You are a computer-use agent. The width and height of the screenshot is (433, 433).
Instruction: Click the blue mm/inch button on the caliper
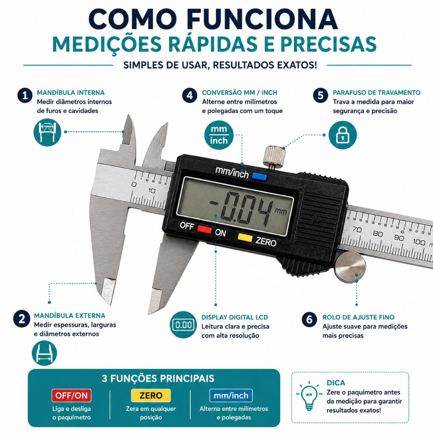click(259, 176)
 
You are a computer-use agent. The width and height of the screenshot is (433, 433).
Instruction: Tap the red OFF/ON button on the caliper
click(204, 229)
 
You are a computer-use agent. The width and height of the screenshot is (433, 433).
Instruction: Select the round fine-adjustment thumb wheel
click(350, 267)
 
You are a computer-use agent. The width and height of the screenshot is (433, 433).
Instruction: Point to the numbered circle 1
click(25, 96)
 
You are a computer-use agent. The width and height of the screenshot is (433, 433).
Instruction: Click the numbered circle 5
click(321, 96)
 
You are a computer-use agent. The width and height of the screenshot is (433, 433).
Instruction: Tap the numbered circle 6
click(309, 320)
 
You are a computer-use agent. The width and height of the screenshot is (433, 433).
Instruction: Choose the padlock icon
click(343, 135)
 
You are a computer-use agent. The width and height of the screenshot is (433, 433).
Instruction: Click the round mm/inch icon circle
click(219, 135)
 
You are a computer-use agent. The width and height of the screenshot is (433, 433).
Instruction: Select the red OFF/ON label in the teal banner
click(71, 395)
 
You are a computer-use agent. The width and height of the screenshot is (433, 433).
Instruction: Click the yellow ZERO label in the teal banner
click(151, 395)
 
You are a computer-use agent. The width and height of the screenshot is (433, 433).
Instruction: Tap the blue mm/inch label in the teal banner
click(231, 395)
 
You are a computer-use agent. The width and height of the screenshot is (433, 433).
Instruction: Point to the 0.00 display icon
click(184, 324)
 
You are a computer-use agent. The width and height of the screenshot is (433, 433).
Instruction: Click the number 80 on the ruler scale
click(378, 233)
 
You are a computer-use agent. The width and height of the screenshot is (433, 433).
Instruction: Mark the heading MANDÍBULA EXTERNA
click(70, 315)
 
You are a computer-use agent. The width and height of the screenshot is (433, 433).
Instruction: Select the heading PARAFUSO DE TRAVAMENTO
click(377, 93)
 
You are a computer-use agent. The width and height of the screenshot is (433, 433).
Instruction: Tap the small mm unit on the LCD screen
click(281, 211)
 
